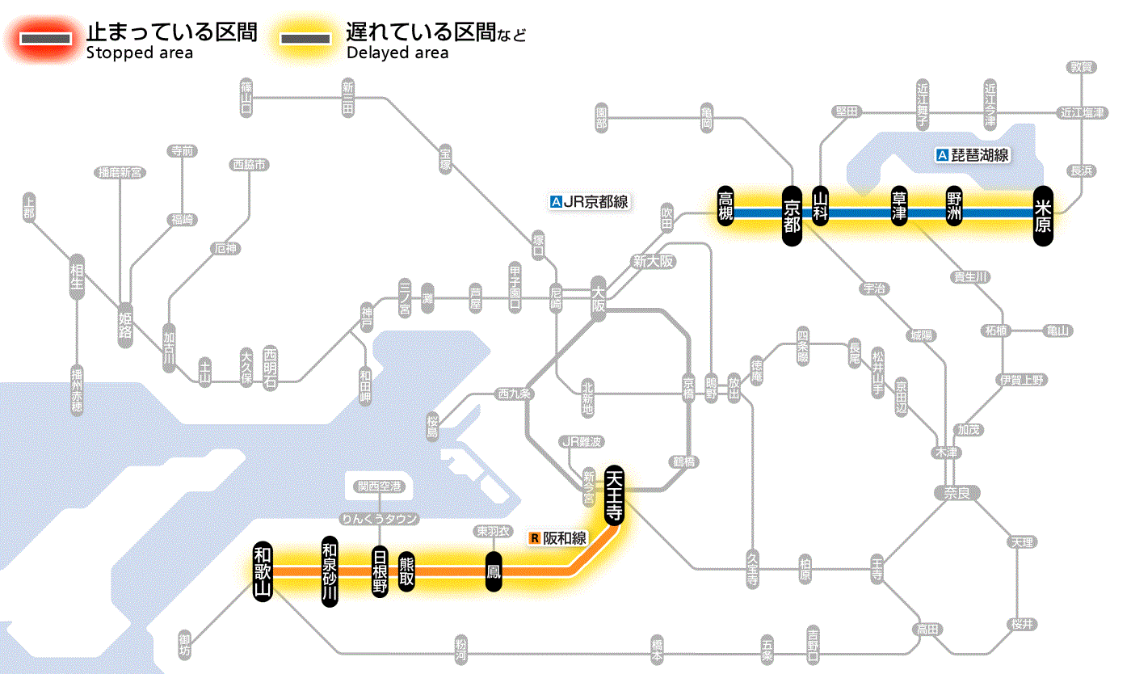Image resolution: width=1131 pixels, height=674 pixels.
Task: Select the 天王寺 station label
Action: point(613,495)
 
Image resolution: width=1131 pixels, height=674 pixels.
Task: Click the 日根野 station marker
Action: point(380,571)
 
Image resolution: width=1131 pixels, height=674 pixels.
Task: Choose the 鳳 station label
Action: point(492,571)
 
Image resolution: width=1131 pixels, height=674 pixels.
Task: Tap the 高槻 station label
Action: point(725,206)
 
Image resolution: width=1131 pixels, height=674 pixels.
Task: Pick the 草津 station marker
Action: point(899,207)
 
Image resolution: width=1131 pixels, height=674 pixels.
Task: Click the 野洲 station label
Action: point(954,207)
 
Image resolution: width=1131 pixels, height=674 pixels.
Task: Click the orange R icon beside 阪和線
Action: point(534,537)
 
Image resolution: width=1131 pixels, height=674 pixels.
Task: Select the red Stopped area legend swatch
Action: point(48,39)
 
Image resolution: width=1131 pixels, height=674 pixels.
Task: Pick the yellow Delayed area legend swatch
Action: point(305,39)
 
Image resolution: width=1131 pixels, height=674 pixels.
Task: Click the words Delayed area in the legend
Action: point(397,53)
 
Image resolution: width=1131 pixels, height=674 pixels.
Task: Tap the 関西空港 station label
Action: point(380,487)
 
